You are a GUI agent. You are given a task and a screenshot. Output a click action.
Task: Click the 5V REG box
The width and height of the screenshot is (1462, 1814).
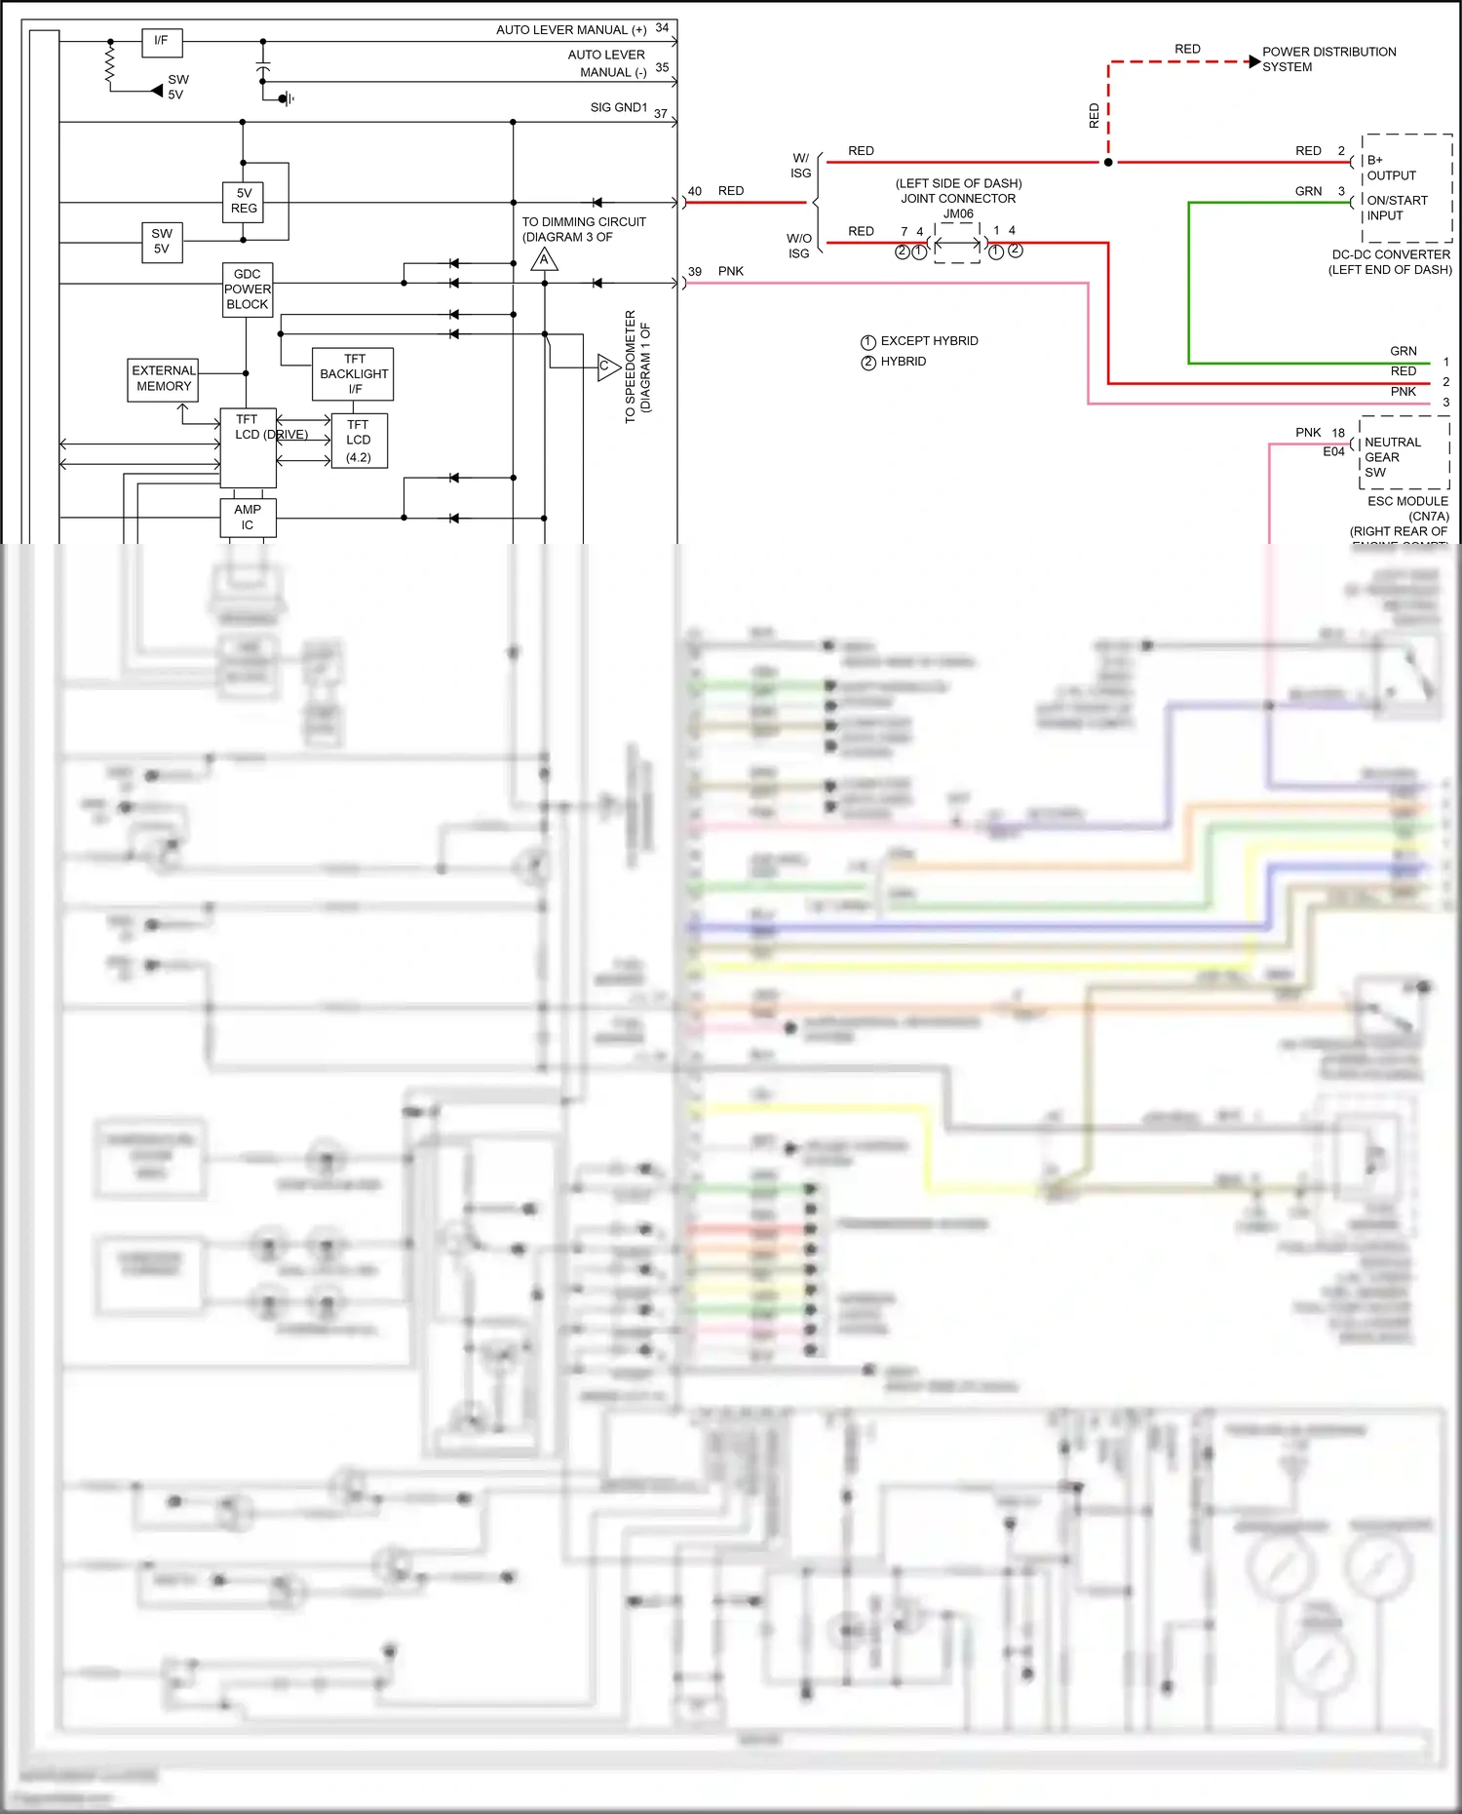point(244,202)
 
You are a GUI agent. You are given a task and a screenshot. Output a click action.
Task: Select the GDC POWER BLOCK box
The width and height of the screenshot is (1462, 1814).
point(248,289)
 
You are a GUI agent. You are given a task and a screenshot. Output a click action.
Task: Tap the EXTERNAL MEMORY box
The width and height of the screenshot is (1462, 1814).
point(164,379)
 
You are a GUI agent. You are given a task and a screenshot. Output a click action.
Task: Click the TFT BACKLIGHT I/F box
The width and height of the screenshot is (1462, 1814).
point(354,374)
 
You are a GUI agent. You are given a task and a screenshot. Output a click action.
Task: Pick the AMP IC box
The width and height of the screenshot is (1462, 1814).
point(248,518)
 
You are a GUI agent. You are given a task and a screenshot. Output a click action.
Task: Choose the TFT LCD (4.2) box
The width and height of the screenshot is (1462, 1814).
point(359,441)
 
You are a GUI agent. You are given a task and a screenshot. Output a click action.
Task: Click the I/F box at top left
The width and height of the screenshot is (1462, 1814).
point(162,41)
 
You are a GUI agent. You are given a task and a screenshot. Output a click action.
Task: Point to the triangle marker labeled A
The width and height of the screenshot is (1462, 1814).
point(544,259)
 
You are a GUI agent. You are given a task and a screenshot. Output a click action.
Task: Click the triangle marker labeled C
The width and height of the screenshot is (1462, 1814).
point(607,367)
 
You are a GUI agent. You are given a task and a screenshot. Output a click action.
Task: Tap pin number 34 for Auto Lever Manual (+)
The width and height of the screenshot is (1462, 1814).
point(662,28)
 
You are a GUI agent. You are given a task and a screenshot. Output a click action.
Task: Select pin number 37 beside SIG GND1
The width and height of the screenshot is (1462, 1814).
point(660,114)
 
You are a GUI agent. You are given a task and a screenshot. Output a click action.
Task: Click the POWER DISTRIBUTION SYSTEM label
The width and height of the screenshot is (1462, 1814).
point(1327,59)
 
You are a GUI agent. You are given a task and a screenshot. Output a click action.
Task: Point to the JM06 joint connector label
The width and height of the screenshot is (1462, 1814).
point(957,214)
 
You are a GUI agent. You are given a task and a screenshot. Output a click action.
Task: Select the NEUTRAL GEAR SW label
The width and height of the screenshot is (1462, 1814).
point(1392,457)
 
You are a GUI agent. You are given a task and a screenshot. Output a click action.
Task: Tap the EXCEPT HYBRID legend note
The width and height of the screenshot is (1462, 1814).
point(928,341)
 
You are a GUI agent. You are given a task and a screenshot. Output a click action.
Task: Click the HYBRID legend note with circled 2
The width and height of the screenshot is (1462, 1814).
point(903,362)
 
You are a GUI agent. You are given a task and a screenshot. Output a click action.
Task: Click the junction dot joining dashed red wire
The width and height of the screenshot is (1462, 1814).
point(1108,162)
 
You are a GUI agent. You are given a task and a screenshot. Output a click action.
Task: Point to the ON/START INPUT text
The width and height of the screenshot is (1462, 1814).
point(1396,208)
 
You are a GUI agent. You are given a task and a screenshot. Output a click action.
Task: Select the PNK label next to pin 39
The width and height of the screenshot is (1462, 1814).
point(731,272)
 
